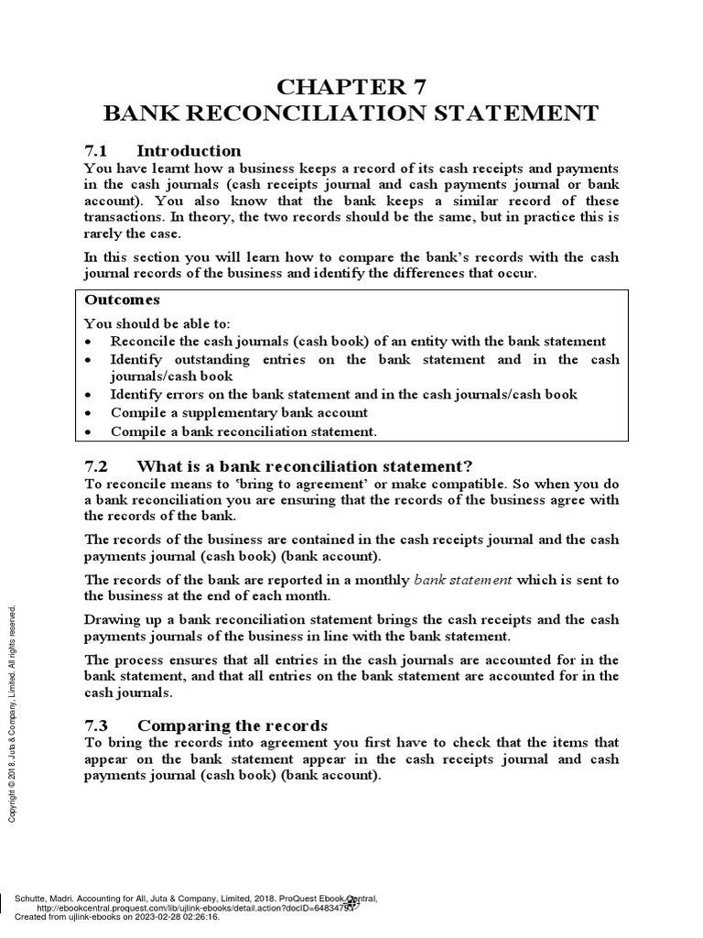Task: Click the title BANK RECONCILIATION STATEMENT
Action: point(351,114)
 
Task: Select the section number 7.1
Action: point(96,151)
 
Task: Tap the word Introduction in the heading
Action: point(189,151)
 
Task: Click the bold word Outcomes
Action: point(122,300)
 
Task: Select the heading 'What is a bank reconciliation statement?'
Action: point(304,465)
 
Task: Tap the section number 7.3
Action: point(96,725)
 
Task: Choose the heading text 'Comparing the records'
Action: point(232,725)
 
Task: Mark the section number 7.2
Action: point(96,465)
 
